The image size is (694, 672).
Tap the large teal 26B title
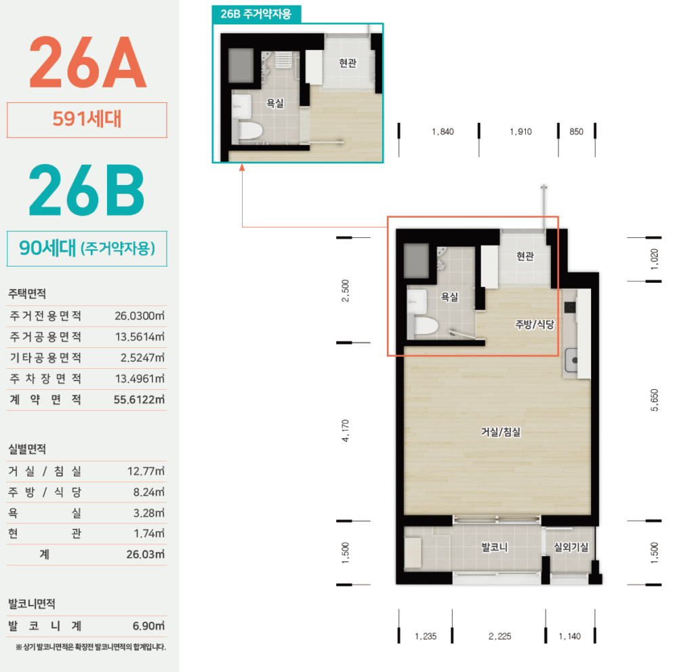pos(87,190)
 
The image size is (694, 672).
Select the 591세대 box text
pos(87,119)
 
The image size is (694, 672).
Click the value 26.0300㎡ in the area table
pos(140,316)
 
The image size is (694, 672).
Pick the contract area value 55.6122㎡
pos(139,399)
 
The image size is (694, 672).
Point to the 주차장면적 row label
pos(45,379)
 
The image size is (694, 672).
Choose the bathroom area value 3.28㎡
pos(148,513)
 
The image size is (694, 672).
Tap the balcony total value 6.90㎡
pos(148,626)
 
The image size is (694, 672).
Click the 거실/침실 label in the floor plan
pos(501,432)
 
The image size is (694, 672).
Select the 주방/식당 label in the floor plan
pos(535,325)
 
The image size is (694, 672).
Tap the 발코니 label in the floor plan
pos(494,547)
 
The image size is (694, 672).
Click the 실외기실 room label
pos(571,547)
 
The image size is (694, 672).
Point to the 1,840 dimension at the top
pos(443,132)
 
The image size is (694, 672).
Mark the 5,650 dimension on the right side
pos(655,400)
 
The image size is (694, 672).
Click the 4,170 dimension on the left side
pos(346,431)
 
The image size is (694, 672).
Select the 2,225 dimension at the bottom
pos(499,636)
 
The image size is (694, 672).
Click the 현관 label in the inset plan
pos(348,63)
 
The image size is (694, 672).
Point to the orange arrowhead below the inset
pos(242,167)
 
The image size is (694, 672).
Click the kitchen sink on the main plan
pos(571,360)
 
